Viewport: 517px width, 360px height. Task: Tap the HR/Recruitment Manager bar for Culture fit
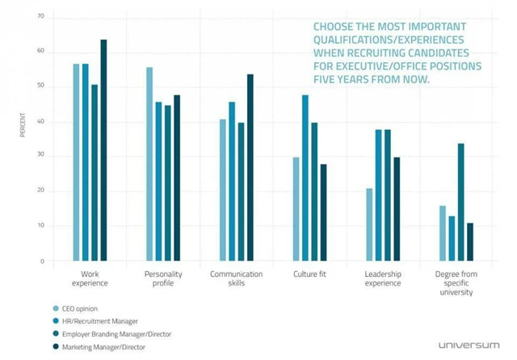point(305,178)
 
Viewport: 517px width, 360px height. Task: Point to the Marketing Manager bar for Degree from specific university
point(469,241)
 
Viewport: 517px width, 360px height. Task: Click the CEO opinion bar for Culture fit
point(296,209)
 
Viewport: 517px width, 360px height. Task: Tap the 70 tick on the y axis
point(41,17)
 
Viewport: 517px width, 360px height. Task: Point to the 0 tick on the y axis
point(44,262)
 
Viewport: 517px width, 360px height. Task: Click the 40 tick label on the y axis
point(41,122)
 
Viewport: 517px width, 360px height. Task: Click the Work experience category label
point(90,278)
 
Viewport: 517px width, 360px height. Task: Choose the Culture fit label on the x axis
point(309,274)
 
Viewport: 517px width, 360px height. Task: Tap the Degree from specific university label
point(453,283)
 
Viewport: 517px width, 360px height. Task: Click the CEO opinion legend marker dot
point(56,308)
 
